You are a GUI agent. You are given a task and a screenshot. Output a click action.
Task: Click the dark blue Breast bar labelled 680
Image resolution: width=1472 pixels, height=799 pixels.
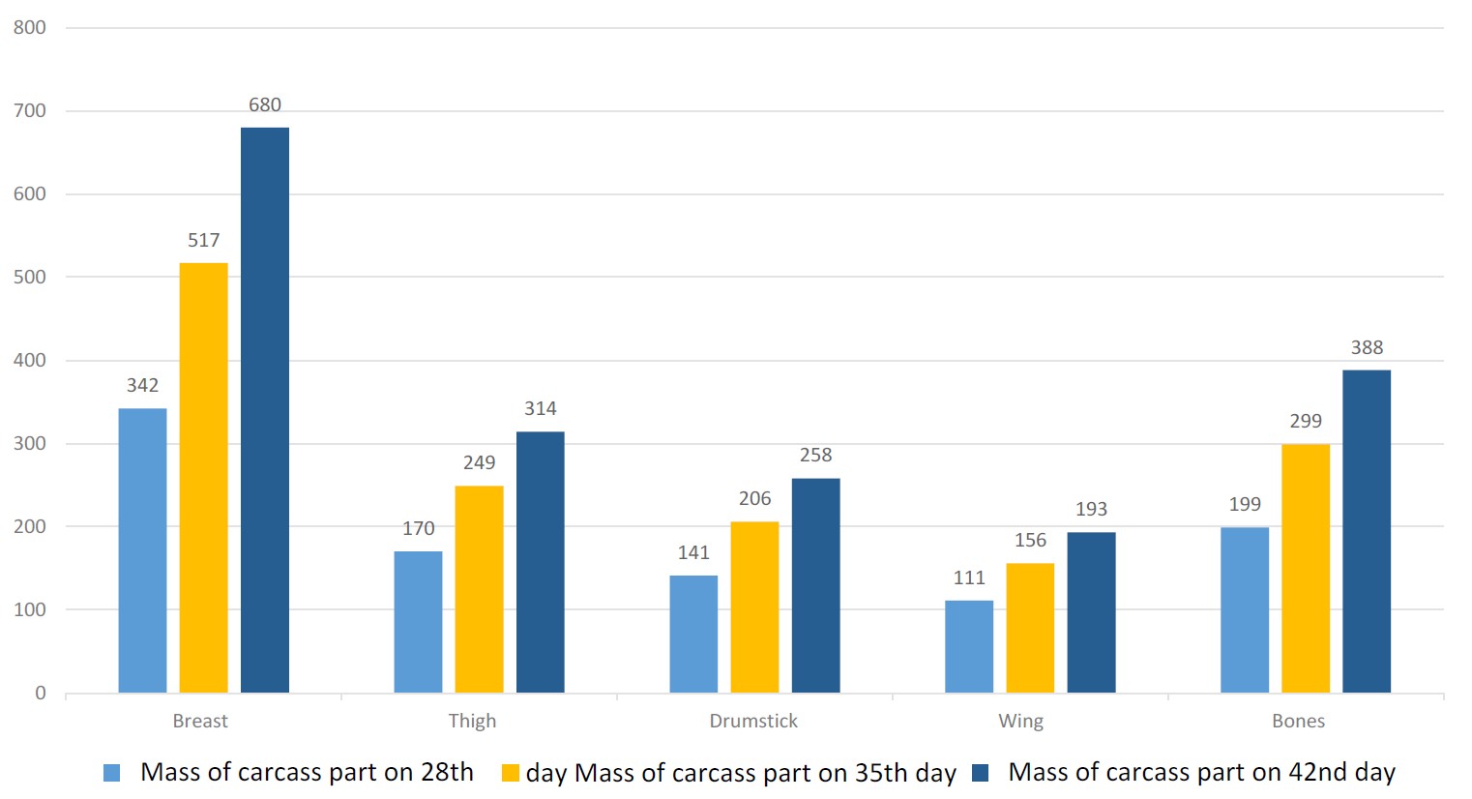[x=264, y=410]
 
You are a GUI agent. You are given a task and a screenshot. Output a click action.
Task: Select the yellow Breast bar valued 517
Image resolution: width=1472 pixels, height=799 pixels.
[x=203, y=478]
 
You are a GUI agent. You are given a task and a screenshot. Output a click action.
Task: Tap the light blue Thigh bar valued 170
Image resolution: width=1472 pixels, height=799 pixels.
[x=418, y=622]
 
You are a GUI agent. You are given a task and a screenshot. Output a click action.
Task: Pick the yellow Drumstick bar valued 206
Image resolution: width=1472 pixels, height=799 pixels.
[x=754, y=607]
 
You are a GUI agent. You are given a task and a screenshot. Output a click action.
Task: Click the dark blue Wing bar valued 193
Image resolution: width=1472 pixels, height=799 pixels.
[x=1091, y=612]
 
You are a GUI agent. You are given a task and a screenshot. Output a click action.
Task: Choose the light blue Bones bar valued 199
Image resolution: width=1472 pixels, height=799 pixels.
[x=1244, y=609]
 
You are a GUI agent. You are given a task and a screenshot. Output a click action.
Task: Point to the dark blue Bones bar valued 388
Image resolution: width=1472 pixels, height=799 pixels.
[x=1366, y=531]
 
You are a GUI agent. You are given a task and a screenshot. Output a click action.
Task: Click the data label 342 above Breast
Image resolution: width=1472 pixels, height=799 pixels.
[x=142, y=386]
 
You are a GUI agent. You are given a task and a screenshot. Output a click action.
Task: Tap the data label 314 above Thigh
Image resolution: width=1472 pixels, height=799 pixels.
[x=540, y=409]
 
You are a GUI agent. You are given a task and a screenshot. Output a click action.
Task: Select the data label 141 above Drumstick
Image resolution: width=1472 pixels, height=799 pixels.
[x=693, y=553]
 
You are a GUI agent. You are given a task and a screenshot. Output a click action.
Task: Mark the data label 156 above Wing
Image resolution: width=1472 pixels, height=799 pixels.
[x=1030, y=541]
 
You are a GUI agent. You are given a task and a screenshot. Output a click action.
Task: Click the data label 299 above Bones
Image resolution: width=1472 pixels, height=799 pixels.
[x=1305, y=422]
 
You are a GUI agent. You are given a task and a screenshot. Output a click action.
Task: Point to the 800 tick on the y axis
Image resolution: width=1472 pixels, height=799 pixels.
[x=30, y=28]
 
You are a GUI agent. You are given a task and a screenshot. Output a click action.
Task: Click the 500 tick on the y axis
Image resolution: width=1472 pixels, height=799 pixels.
[x=30, y=278]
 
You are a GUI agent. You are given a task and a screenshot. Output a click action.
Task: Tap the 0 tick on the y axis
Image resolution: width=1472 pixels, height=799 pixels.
[x=41, y=694]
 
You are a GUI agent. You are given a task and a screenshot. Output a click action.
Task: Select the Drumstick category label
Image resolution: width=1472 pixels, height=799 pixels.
[x=753, y=722]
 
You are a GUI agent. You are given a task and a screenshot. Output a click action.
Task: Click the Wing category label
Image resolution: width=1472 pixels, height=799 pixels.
[x=1020, y=722]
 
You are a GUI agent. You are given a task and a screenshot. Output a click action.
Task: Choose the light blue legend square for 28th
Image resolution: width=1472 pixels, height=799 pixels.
[x=112, y=773]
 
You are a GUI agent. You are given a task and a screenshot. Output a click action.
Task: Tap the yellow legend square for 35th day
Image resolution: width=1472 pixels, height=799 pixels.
[x=511, y=773]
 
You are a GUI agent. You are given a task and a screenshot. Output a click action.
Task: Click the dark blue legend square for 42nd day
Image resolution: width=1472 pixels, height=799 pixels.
[x=980, y=773]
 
